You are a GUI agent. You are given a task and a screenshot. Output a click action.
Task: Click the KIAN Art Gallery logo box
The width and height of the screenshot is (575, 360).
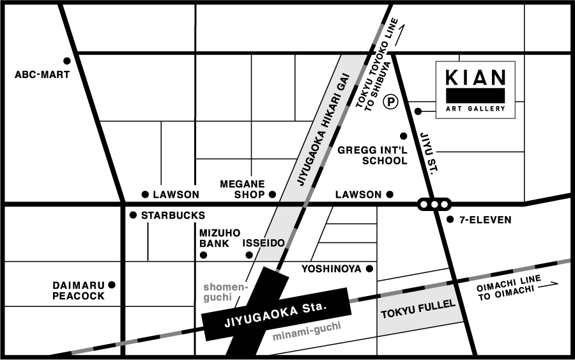475,90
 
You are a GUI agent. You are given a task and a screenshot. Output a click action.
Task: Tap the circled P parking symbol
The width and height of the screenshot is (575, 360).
390,101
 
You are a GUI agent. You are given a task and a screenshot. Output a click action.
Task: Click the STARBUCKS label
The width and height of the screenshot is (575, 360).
173,215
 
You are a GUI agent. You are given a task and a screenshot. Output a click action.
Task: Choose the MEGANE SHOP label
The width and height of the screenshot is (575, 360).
243,189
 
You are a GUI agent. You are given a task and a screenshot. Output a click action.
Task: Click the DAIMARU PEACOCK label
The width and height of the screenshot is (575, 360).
78,290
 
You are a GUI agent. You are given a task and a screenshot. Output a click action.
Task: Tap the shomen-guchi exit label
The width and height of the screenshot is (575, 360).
225,292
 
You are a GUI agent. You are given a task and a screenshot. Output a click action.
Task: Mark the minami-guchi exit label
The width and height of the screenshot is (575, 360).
307,331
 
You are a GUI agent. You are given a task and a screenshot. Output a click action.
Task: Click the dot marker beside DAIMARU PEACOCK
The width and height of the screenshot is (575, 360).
112,285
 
